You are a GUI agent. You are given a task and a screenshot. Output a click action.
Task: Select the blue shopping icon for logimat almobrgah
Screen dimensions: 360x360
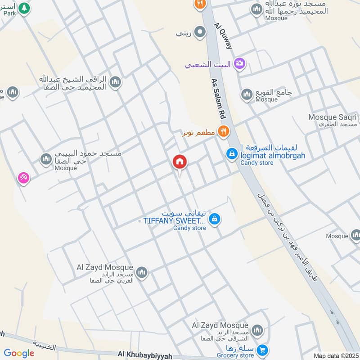point(232,154)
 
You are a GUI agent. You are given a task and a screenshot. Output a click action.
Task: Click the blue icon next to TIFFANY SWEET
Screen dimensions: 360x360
point(215,219)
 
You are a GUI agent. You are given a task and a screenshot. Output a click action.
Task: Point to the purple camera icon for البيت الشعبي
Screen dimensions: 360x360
point(240,64)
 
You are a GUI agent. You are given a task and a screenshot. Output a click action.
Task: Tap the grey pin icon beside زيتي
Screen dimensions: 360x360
point(200,32)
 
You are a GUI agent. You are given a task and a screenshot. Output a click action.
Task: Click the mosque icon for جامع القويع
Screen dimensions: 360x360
point(247,94)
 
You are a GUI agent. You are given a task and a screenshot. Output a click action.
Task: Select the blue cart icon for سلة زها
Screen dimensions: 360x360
point(262,350)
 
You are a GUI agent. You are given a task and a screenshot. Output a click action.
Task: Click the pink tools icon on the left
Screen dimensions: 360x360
point(24,178)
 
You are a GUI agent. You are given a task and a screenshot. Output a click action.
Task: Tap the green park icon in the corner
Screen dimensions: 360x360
point(26,8)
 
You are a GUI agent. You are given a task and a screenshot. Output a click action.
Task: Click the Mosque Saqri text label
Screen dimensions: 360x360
point(332,117)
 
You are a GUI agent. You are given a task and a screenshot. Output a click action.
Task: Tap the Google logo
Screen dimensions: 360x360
point(19,353)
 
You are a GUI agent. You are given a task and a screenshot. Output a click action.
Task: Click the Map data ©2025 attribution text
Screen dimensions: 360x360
point(336,356)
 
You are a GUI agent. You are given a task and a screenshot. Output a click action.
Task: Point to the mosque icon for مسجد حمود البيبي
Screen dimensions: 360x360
point(46,159)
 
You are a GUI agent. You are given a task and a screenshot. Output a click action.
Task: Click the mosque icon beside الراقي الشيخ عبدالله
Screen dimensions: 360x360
point(116,82)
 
